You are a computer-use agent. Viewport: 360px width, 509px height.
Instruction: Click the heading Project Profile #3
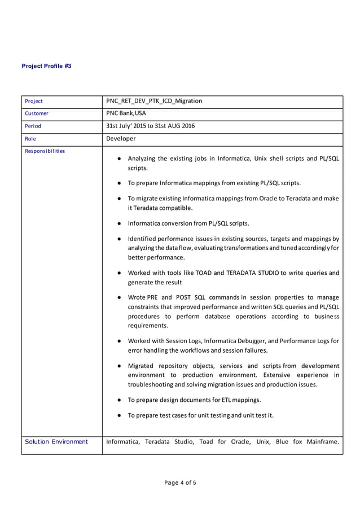46,66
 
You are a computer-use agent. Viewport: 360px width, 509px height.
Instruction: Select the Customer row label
37,113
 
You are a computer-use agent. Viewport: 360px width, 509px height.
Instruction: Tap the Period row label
33,126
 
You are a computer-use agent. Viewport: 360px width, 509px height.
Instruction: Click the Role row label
30,138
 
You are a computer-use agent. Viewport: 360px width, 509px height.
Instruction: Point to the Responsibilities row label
45,151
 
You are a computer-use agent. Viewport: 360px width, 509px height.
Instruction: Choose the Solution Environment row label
56,442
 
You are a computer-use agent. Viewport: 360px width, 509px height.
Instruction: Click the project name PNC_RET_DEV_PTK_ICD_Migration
153,101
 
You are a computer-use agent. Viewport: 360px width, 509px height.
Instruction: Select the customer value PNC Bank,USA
126,113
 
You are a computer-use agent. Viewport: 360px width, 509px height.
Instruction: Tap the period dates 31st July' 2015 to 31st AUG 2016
150,126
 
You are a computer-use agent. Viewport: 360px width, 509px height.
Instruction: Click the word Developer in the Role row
121,138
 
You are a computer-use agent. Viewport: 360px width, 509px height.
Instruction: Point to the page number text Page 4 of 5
180,482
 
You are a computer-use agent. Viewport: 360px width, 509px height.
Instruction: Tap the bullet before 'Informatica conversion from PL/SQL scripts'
120,223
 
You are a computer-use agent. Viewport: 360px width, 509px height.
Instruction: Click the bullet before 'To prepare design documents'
120,400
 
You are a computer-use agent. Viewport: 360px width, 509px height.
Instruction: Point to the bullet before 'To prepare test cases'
120,416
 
